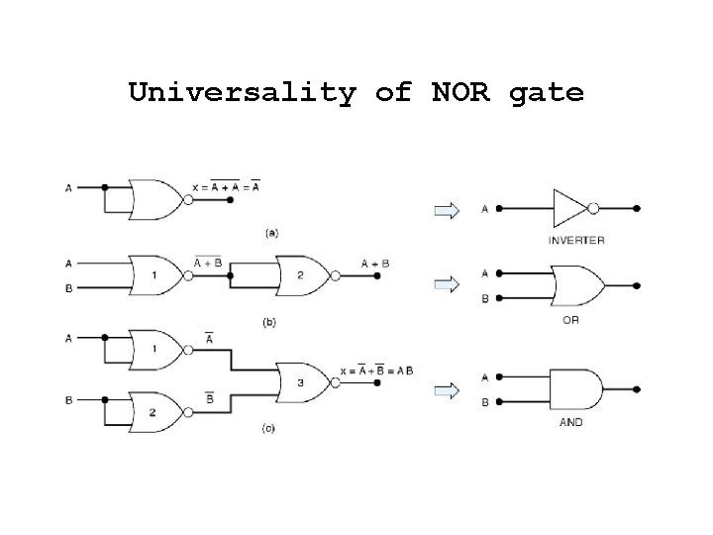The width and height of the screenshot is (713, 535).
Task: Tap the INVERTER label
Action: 575,240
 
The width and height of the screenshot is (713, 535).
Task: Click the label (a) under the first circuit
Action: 270,233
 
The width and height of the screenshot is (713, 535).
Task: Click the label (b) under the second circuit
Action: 268,322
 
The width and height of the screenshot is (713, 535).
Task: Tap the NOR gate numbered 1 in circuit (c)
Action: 154,350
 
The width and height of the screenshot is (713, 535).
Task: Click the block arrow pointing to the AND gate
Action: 448,389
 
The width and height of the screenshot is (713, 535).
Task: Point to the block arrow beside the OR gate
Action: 448,284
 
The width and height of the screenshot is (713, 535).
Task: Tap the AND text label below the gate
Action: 571,422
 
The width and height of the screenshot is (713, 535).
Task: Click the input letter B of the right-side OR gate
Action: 484,298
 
